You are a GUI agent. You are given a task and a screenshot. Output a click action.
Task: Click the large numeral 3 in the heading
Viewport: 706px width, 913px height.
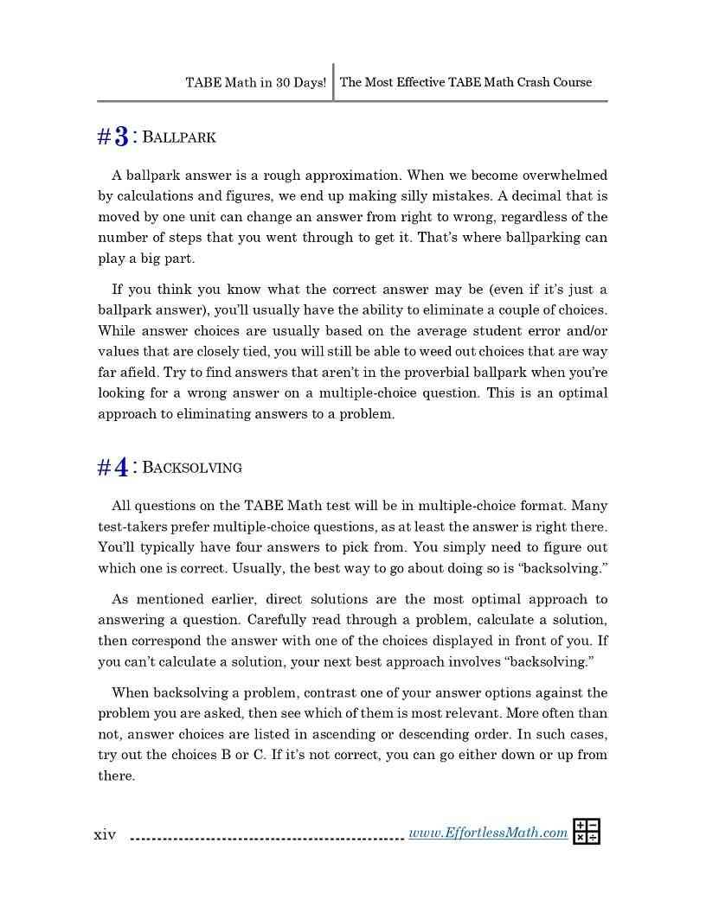click(x=121, y=137)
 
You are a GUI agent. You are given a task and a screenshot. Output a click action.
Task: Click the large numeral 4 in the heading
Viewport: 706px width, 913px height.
click(x=121, y=468)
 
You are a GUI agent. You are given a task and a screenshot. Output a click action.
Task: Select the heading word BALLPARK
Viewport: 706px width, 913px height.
click(x=178, y=137)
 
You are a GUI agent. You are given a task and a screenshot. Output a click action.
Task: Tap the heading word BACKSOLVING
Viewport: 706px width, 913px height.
click(x=191, y=468)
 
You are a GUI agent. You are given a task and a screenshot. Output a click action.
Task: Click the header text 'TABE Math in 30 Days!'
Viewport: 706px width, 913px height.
click(x=255, y=83)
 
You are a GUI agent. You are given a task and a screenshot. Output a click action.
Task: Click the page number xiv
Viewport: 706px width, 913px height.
click(x=105, y=834)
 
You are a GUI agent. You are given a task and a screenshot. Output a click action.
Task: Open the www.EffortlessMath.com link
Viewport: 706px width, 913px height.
click(x=488, y=833)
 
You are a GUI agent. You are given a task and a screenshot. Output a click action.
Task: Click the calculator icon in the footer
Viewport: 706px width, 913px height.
click(x=587, y=832)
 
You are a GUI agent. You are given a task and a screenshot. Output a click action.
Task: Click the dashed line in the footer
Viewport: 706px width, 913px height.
click(x=266, y=838)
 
